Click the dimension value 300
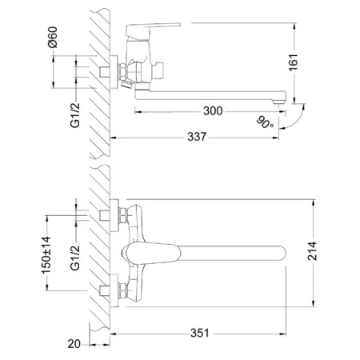click(213, 111)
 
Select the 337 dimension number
click(197, 137)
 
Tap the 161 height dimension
click(294, 62)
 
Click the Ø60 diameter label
click(53, 37)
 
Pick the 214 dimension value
click(312, 251)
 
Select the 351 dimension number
click(200, 333)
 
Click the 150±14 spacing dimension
click(46, 255)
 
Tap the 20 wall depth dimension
click(74, 344)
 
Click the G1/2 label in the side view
click(75, 115)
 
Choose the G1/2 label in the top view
click(75, 258)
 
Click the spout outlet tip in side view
click(279, 102)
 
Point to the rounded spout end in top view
click(282, 253)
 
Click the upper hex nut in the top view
click(122, 215)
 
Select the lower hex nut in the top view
click(122, 290)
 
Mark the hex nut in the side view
click(122, 72)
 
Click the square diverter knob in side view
click(159, 70)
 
